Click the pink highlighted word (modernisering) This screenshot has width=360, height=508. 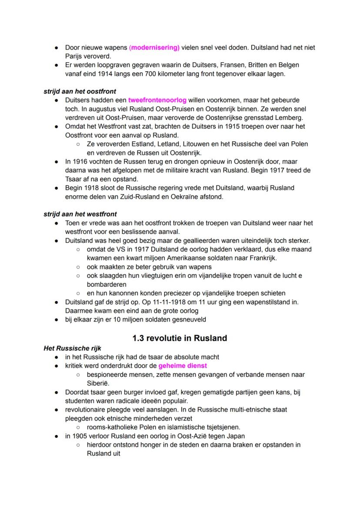pyautogui.click(x=154, y=47)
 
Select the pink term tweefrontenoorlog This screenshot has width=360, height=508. pyautogui.click(x=157, y=100)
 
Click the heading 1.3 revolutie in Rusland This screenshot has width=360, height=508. pyautogui.click(x=180, y=338)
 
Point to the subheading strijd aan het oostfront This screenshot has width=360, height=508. pyautogui.click(x=80, y=92)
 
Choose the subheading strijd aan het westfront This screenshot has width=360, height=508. pyautogui.click(x=80, y=214)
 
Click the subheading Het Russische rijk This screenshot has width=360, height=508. pyautogui.click(x=69, y=348)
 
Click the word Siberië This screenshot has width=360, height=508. pyautogui.click(x=98, y=383)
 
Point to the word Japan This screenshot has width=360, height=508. pyautogui.click(x=236, y=436)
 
